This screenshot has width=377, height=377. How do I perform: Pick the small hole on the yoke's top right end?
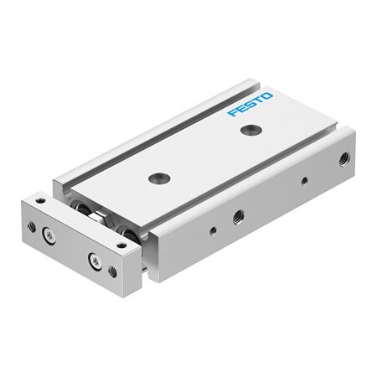(x=122, y=245)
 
